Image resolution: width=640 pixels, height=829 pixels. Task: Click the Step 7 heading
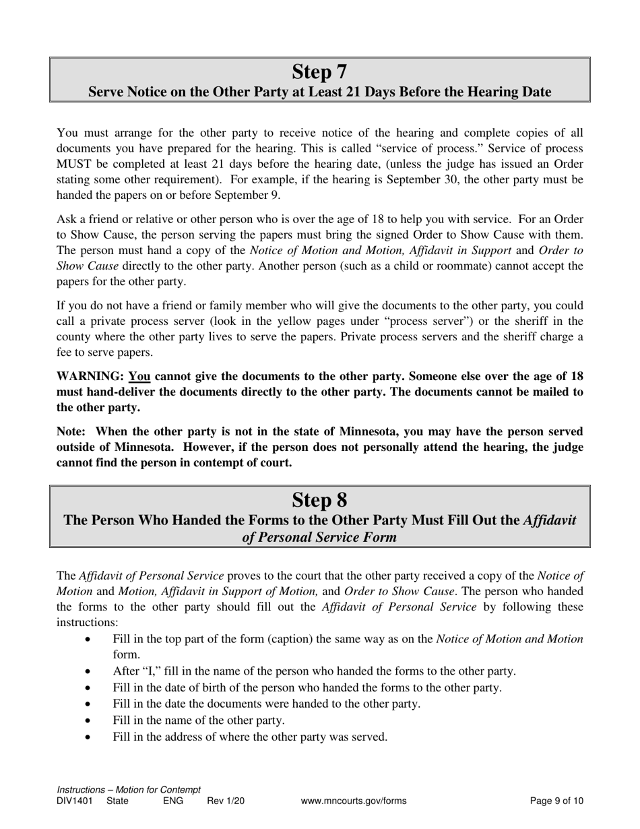point(319,71)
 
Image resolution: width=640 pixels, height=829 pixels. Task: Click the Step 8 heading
point(319,499)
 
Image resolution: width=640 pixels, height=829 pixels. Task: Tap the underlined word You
point(139,377)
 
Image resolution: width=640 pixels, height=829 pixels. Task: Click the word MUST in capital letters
point(74,164)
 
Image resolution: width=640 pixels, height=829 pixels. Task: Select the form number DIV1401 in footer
point(73,801)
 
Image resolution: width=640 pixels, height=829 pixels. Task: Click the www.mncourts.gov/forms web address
point(354,801)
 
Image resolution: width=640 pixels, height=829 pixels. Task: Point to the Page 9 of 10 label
point(556,801)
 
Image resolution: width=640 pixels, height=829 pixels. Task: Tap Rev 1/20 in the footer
point(226,801)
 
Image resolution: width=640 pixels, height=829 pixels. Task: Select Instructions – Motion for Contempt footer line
point(129,790)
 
